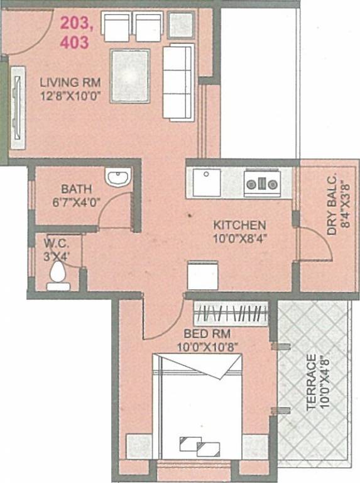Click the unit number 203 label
[75, 25]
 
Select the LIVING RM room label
[67, 82]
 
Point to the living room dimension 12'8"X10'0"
[70, 96]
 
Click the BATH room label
[76, 188]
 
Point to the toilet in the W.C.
[58, 275]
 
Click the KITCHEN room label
[239, 225]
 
